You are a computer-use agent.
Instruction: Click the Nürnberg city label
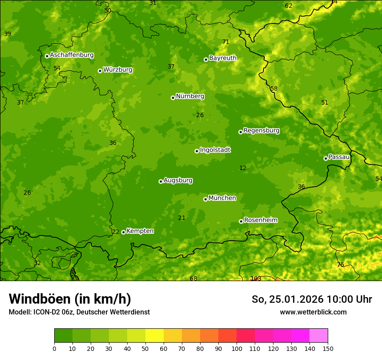coord(190,96)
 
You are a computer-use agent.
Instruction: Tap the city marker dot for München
coord(205,199)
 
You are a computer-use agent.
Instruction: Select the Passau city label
coord(339,157)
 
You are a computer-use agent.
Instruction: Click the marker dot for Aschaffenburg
coord(47,56)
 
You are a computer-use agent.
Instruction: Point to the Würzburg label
coord(117,70)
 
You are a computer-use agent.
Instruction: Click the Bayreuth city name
coord(223,58)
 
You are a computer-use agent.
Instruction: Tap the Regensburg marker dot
coord(240,132)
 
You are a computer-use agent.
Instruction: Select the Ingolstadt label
coord(215,150)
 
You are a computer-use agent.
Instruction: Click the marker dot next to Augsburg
coord(161,181)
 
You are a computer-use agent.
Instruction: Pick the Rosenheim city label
coord(260,220)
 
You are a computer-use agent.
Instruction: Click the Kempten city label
coord(140,231)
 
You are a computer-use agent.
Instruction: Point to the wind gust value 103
coord(256,278)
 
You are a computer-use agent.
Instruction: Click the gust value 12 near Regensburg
coord(243,168)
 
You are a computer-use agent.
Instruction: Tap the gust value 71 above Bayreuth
coord(226,42)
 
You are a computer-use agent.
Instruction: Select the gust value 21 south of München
coord(182,218)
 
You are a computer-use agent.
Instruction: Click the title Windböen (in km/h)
coord(70,299)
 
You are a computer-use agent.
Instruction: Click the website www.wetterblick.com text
coord(313,312)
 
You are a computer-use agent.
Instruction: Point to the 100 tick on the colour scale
coord(237,348)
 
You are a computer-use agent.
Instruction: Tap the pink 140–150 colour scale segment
coord(319,336)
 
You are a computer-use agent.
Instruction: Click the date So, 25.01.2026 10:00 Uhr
coord(312,299)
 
